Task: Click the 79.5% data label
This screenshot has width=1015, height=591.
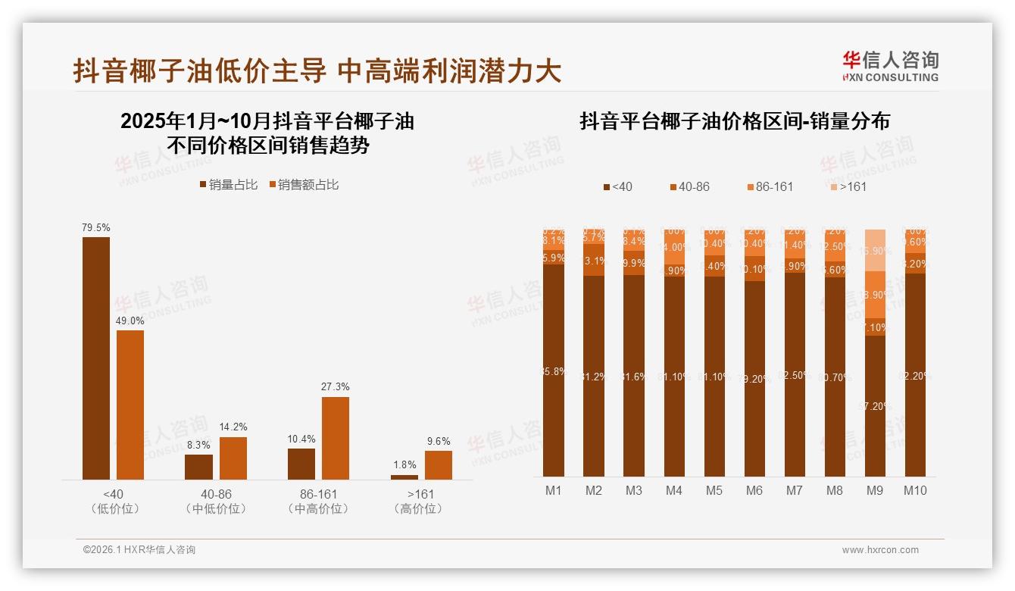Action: click(96, 227)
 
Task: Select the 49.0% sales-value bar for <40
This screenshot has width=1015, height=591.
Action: click(130, 405)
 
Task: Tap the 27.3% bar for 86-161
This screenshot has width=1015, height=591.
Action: click(336, 438)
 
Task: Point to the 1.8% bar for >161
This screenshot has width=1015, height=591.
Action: click(404, 477)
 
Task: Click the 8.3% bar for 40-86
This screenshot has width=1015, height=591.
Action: click(198, 467)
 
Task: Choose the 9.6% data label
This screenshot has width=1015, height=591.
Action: click(438, 442)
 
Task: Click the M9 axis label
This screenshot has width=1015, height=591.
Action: click(874, 490)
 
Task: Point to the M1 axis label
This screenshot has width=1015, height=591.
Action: click(554, 490)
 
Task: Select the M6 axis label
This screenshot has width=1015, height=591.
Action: click(754, 490)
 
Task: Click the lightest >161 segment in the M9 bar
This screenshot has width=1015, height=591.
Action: click(875, 250)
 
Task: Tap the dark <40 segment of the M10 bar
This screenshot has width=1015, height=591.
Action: click(915, 375)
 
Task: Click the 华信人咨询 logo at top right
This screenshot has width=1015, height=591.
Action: click(890, 66)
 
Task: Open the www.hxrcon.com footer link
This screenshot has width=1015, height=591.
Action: click(880, 550)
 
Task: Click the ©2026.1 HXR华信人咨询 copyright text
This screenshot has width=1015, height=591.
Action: click(139, 550)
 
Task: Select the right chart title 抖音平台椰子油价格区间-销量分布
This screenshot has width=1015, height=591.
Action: click(734, 121)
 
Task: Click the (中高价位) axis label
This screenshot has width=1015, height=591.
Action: click(318, 509)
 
